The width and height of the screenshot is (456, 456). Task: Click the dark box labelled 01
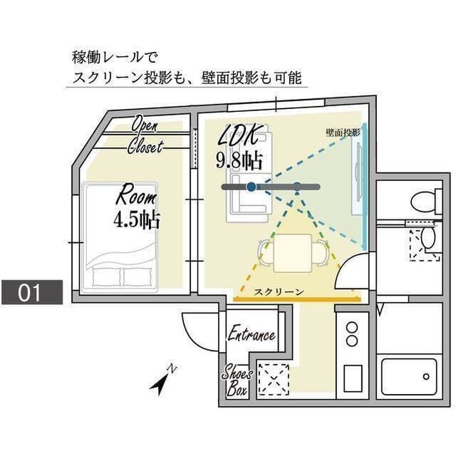tap(32, 292)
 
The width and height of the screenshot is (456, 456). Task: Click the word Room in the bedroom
tap(135, 194)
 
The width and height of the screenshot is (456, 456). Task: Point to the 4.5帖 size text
tap(136, 219)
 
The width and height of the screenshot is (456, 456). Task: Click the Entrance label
tap(251, 335)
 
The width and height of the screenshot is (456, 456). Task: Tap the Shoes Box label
tap(237, 380)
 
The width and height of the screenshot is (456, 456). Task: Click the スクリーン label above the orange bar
tap(279, 291)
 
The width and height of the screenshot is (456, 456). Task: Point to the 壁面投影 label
tap(343, 133)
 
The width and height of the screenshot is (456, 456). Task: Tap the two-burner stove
tap(351, 334)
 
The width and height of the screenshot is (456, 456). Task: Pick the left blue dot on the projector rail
tap(251, 187)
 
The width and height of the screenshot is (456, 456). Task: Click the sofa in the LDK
tap(246, 196)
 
